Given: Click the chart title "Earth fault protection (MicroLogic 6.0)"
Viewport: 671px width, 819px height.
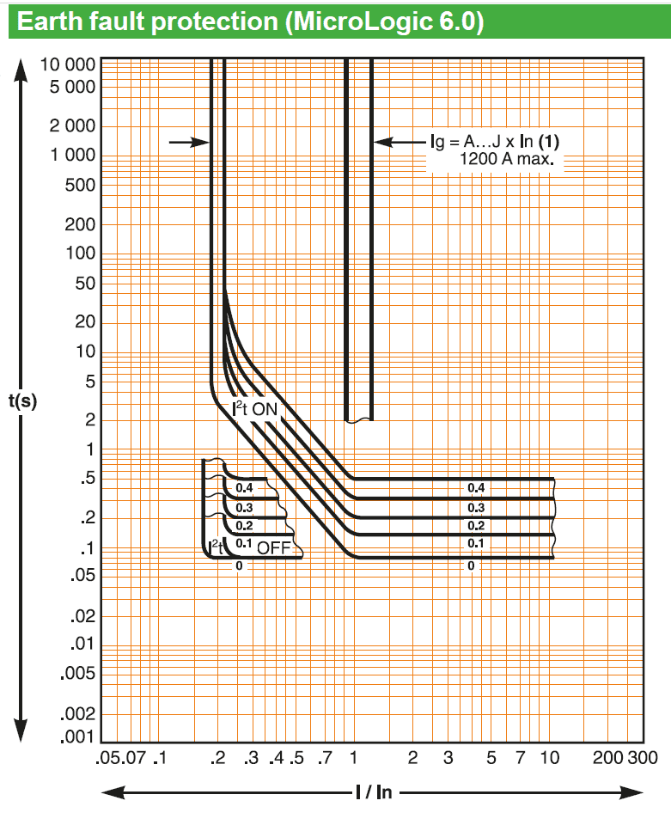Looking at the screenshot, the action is pos(250,22).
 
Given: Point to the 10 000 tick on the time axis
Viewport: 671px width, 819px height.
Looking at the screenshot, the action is pos(68,64).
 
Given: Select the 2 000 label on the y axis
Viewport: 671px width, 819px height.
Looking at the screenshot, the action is pos(72,125).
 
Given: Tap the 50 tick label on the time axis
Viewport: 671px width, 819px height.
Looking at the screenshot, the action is pos(85,284).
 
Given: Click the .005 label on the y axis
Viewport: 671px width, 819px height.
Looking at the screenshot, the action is pos(78,673).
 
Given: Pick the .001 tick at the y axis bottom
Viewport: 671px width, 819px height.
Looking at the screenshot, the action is pos(78,737).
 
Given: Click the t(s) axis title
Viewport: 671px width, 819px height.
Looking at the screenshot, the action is pos(23,401).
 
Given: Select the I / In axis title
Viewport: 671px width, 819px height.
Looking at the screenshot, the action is pos(374,792).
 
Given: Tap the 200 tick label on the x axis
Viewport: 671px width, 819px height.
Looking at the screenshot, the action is pos(607,758).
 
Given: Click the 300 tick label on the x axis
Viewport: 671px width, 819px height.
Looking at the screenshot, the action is pos(643,758).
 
